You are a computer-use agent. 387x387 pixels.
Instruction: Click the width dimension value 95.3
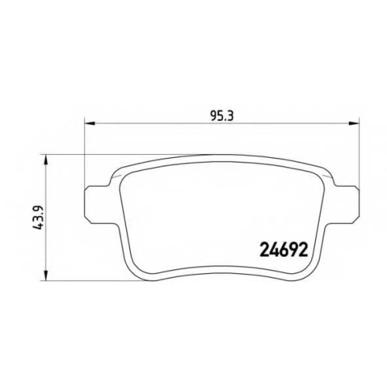(222, 116)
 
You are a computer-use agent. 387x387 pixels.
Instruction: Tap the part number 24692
(283, 250)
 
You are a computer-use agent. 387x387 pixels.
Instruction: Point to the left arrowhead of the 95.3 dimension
(90, 123)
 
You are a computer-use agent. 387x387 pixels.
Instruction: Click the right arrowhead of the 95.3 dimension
(354, 123)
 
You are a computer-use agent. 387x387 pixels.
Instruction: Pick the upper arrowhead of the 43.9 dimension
(46, 160)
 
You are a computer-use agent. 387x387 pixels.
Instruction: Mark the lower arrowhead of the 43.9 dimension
(46, 276)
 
